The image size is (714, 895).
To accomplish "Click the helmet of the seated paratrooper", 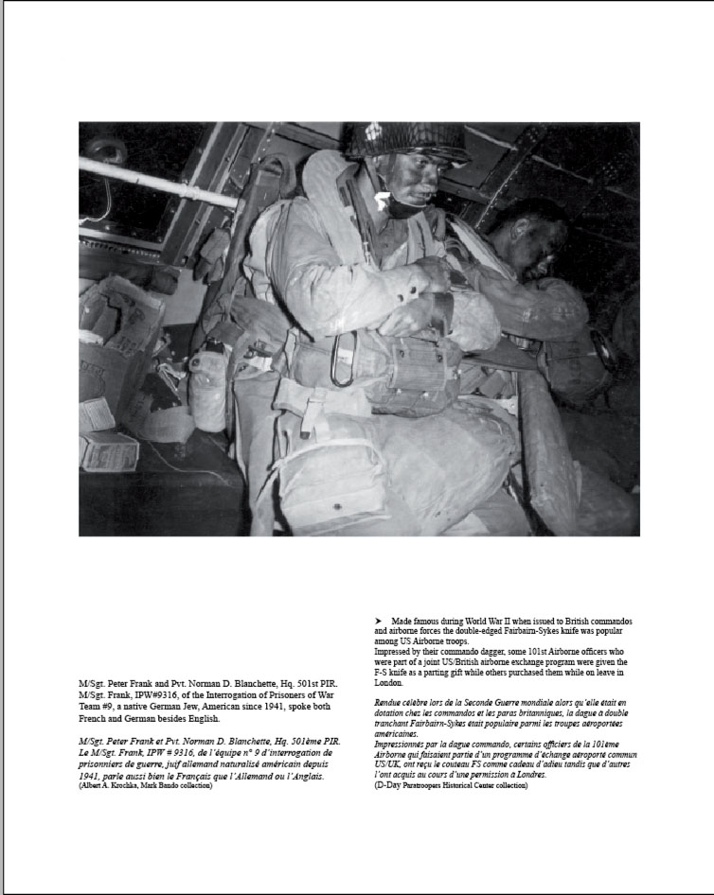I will (404, 141).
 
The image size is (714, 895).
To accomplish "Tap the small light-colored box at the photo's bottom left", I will (109, 451).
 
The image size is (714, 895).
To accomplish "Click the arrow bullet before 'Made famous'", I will (379, 620).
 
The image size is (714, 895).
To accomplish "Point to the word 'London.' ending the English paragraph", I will (389, 682).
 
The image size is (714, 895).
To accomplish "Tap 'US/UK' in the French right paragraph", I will (389, 765).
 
